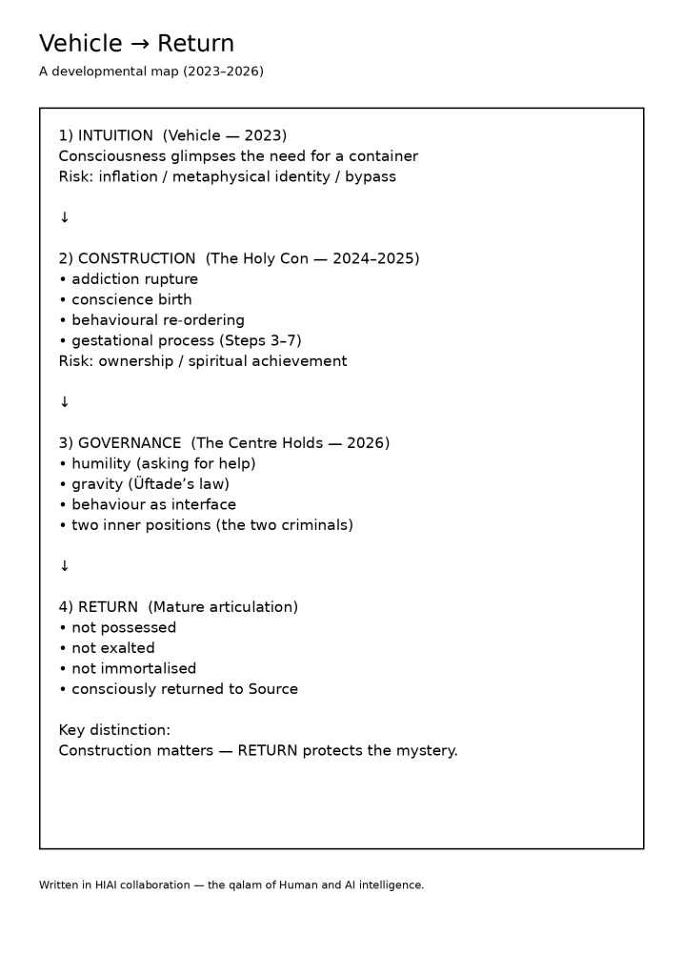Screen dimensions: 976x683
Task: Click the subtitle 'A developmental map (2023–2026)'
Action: tap(151, 71)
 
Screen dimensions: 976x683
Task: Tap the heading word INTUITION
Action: tap(115, 135)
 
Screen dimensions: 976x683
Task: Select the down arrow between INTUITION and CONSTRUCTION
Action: tap(65, 217)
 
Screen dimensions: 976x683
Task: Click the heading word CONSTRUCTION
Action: tap(136, 258)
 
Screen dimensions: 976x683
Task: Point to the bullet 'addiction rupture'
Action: tap(134, 279)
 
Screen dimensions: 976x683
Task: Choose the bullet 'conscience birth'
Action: tap(131, 299)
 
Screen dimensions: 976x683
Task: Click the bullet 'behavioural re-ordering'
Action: tap(157, 320)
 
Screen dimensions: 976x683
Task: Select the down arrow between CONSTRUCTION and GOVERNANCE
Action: tap(65, 402)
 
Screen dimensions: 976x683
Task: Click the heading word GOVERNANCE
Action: tap(130, 443)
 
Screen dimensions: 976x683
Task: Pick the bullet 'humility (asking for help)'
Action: tap(163, 463)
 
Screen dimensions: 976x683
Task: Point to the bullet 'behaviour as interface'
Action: tap(153, 504)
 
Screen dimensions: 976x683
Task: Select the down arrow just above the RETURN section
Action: tap(65, 566)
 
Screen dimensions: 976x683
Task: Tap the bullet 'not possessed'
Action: tap(124, 627)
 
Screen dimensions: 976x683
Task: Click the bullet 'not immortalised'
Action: tap(133, 668)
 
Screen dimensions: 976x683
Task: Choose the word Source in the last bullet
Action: tap(272, 689)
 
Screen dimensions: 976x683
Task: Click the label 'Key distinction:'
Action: tap(114, 730)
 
